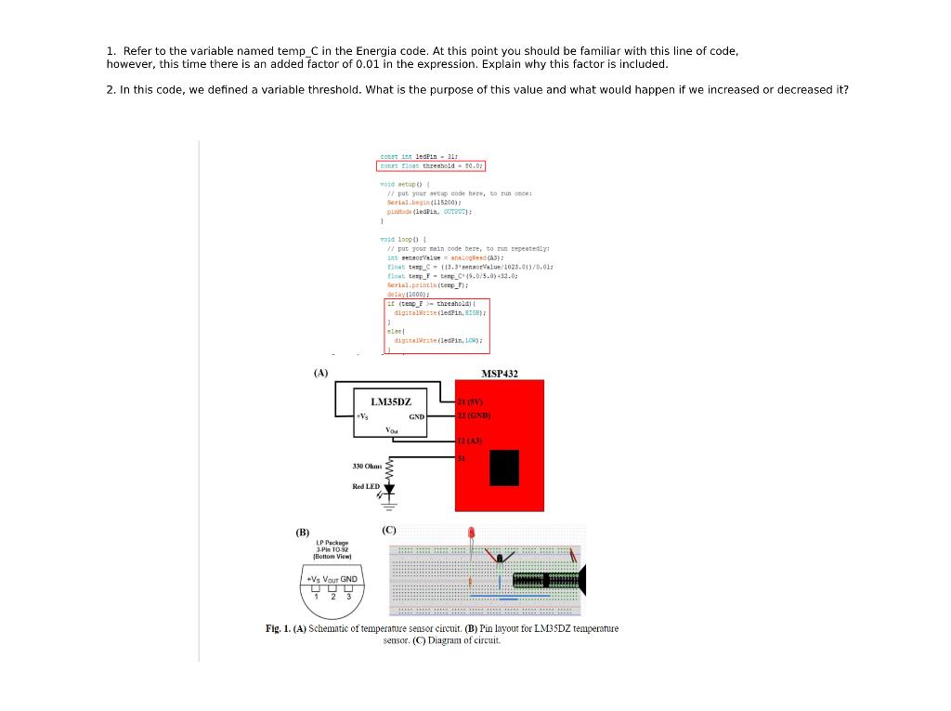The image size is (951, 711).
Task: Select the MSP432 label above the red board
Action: tap(500, 374)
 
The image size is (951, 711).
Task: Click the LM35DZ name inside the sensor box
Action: tap(391, 402)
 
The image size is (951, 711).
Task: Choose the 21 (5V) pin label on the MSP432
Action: tap(469, 402)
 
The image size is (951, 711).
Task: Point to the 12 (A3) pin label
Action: tap(469, 441)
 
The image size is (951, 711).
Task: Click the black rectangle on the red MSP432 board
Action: tap(504, 467)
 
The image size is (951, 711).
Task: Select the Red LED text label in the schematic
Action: tap(365, 486)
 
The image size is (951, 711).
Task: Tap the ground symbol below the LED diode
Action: tap(389, 506)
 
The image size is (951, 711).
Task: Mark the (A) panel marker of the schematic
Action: tap(320, 373)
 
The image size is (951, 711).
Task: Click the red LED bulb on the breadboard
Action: tap(471, 534)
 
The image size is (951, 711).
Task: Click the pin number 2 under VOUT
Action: tap(333, 597)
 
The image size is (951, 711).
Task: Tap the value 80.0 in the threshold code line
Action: tap(472, 166)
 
